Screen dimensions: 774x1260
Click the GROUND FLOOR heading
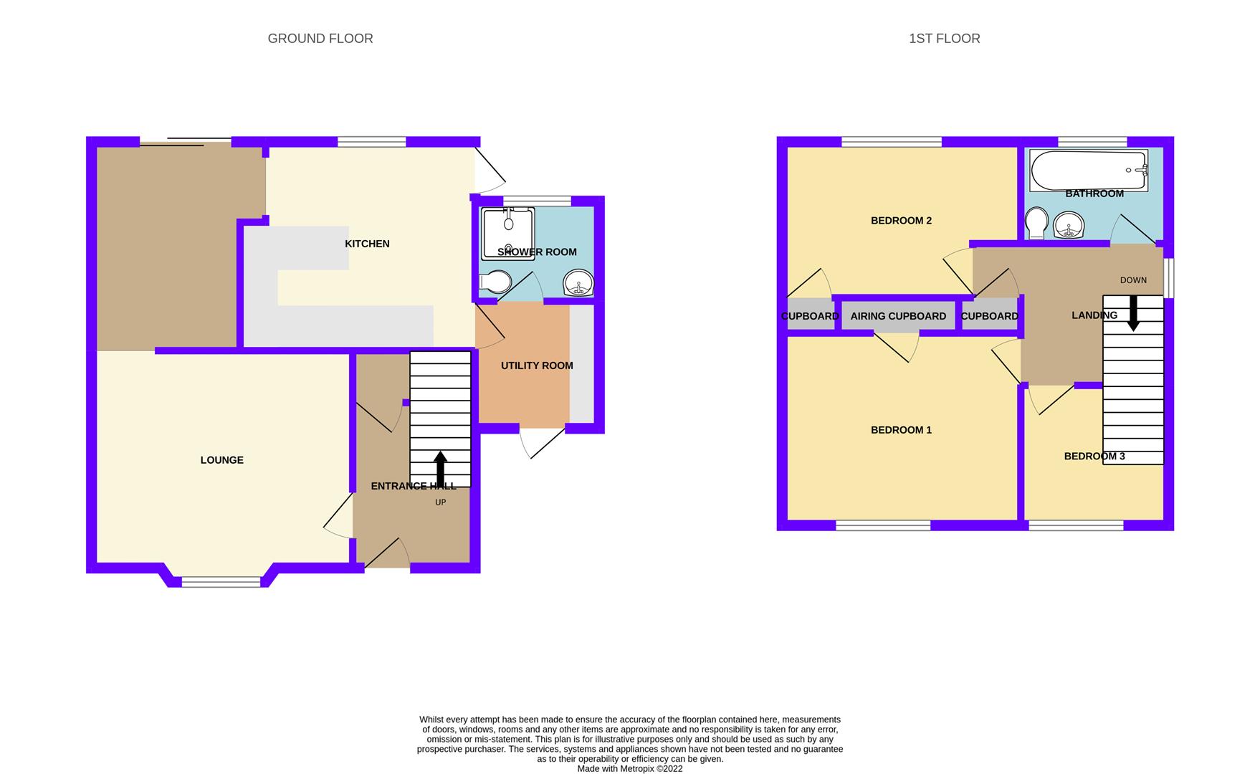320,39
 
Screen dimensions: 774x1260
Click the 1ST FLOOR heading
944,39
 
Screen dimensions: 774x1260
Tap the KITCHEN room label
367,244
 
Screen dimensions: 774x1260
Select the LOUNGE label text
221,460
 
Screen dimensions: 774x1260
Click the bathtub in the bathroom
1088,170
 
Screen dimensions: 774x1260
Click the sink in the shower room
578,283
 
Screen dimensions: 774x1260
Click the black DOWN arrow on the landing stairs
1133,313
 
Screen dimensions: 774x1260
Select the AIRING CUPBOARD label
898,316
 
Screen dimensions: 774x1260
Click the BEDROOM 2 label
901,221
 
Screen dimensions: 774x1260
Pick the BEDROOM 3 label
1094,457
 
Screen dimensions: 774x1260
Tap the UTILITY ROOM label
537,365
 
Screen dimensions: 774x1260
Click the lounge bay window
221,582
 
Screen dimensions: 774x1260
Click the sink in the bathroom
1069,225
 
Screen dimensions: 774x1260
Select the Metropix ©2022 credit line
630,768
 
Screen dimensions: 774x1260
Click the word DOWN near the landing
1133,280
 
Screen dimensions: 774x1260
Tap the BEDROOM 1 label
901,430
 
